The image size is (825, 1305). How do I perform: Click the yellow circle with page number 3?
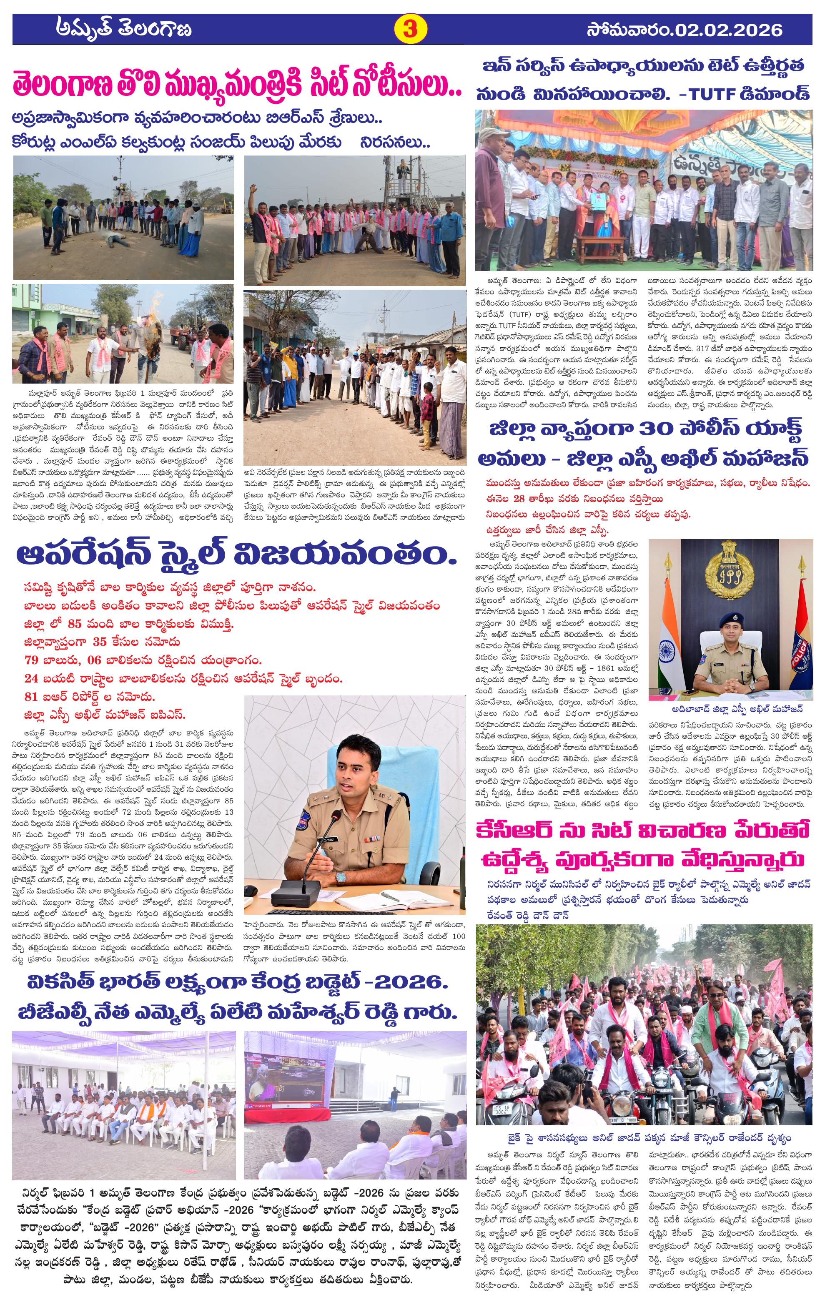(409, 29)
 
